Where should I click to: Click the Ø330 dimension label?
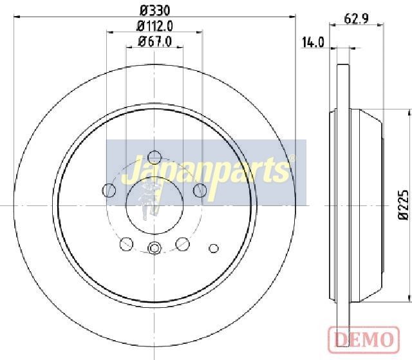155,11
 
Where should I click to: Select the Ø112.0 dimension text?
155,26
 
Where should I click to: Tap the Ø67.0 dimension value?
155,41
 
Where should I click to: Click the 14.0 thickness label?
313,43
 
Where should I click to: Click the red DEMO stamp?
364,339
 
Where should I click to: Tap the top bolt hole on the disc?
154,157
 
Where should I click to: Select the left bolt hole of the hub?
109,190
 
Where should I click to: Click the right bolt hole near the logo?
200,190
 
